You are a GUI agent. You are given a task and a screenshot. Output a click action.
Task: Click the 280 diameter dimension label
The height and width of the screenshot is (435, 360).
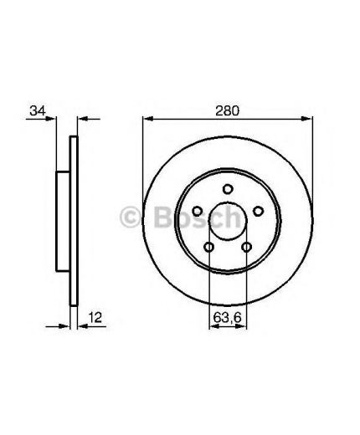[227, 111]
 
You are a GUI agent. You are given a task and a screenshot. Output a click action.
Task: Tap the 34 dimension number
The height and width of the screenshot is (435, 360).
[38, 110]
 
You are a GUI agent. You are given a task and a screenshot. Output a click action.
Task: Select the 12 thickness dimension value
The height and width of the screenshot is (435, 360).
[95, 318]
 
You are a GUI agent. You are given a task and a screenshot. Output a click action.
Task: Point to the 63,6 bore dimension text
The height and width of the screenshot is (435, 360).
[227, 318]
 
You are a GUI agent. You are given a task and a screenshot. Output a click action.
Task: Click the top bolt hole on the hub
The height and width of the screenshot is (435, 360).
[228, 189]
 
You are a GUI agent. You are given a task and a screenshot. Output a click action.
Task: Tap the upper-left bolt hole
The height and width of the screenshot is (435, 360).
[198, 211]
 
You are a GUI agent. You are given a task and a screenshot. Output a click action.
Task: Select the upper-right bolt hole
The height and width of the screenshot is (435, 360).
[258, 211]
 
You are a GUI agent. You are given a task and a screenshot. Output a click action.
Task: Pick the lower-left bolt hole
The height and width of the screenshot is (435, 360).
[209, 247]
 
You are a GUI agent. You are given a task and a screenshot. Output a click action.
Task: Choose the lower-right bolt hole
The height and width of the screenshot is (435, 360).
[247, 247]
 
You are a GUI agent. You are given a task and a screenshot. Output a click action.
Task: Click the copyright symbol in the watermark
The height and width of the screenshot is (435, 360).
[130, 217]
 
